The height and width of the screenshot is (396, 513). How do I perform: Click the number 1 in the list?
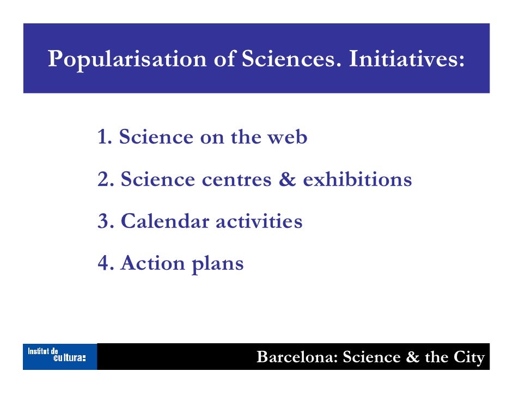tap(103, 138)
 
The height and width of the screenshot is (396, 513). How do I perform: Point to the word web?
tap(286, 138)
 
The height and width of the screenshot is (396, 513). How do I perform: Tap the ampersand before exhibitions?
tap(286, 180)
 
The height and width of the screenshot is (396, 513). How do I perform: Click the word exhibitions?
tap(357, 180)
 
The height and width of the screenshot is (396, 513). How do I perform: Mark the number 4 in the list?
tap(105, 263)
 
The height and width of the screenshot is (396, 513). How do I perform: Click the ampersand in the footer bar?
tap(412, 357)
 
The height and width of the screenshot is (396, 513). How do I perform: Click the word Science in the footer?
tap(371, 357)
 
